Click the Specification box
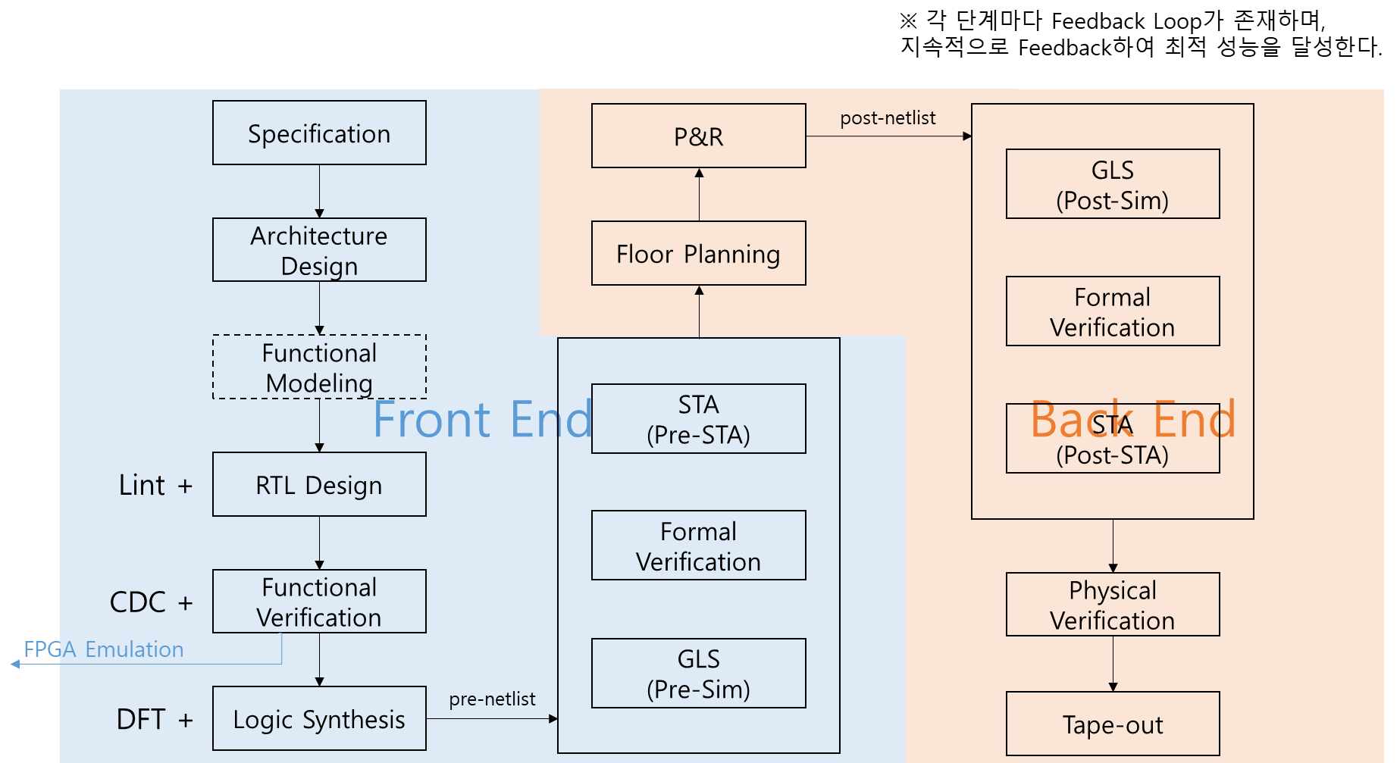coord(319,133)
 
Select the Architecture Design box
coord(319,250)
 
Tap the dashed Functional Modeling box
coord(319,367)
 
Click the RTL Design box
coord(319,485)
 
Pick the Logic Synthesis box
coord(319,718)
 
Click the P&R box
coord(698,136)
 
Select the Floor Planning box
coord(698,253)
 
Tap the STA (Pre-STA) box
coord(698,419)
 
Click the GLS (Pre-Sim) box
coord(698,673)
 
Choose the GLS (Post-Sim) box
coord(1112,184)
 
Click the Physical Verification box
coord(1112,605)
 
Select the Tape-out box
coord(1112,724)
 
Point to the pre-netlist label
coord(492,699)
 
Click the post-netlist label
coord(888,118)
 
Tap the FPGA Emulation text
coord(104,649)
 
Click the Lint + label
coord(155,485)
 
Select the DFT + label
coord(154,719)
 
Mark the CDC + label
coord(151,602)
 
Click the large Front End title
coord(482,419)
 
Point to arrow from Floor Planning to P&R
coord(699,195)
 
